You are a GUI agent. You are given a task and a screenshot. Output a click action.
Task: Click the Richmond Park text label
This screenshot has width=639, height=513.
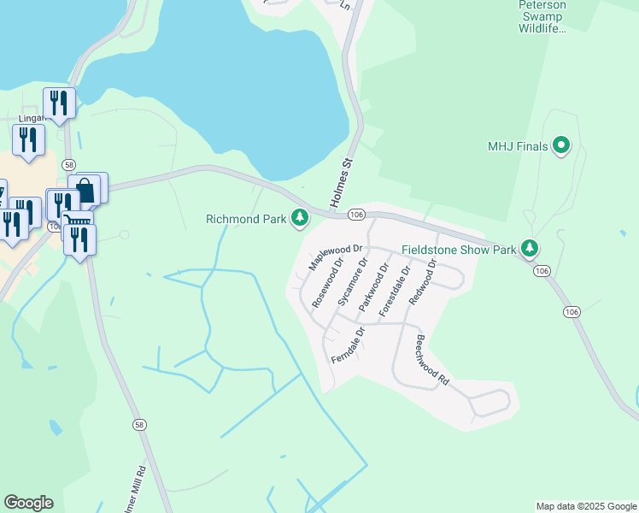point(246,219)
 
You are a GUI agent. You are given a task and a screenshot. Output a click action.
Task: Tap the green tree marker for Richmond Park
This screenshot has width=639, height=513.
point(300,219)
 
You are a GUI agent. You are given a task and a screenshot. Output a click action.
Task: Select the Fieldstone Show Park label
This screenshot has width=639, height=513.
point(459,250)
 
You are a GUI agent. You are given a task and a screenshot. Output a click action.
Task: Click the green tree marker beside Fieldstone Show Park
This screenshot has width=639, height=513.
point(531,249)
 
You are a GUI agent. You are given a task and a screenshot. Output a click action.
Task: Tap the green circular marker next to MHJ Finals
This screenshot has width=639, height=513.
point(561,146)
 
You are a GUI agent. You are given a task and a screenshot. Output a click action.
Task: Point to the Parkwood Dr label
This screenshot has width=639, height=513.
point(373,286)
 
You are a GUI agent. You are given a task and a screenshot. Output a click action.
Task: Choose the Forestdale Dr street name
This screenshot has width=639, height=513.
point(395,291)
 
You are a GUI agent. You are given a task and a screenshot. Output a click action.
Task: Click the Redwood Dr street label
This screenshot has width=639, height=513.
point(422,282)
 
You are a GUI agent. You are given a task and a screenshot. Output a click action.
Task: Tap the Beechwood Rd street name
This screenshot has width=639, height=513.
point(431,358)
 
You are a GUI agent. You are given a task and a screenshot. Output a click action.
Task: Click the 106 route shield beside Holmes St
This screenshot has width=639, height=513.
point(357,215)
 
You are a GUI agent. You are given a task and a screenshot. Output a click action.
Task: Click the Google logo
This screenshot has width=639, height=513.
point(28,503)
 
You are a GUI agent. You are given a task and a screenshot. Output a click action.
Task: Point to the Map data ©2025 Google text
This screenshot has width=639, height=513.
point(585,506)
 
